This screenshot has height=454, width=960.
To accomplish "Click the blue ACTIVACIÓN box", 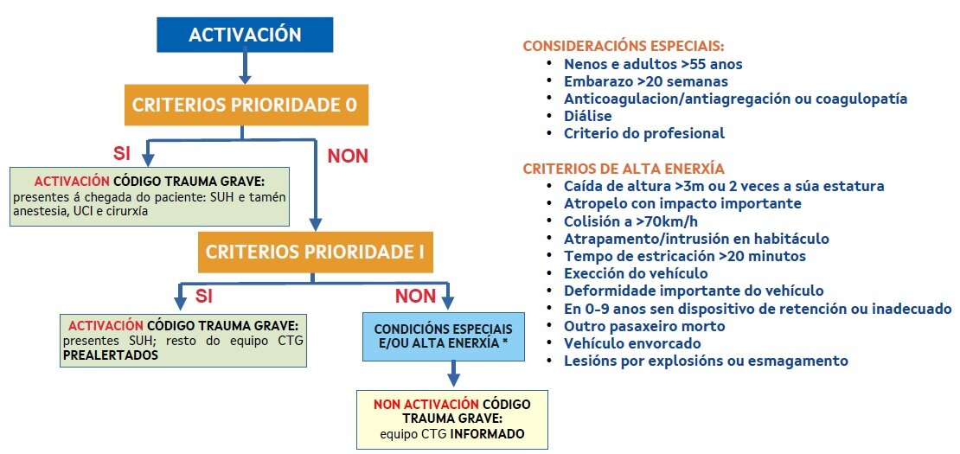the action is tap(245, 35).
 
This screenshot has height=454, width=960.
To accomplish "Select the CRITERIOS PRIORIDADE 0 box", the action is tap(244, 106).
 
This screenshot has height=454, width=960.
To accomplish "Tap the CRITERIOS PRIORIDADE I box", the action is tap(314, 254).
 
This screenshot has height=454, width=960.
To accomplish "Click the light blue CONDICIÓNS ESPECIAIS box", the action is tap(442, 337).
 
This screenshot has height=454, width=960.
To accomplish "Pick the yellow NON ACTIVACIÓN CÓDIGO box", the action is tap(452, 419).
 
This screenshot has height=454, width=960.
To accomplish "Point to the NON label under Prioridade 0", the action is tap(347, 157).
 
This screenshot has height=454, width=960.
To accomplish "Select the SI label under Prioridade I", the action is tap(204, 296).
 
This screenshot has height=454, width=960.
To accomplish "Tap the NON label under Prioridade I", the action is tap(415, 296).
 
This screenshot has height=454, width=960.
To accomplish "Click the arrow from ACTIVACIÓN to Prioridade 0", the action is tap(245, 67).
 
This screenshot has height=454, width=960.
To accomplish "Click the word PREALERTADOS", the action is tap(110, 355).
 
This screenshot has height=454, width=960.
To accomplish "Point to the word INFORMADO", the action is tap(488, 433).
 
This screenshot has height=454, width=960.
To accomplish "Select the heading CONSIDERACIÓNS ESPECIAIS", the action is tap(624, 45).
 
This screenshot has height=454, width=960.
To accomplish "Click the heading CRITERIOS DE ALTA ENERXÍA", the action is tap(624, 168).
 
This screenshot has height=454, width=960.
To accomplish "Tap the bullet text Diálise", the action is tap(588, 116).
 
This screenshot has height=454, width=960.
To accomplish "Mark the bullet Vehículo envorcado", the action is tap(630, 343).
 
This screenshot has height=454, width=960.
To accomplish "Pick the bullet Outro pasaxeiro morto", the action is tap(644, 326).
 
